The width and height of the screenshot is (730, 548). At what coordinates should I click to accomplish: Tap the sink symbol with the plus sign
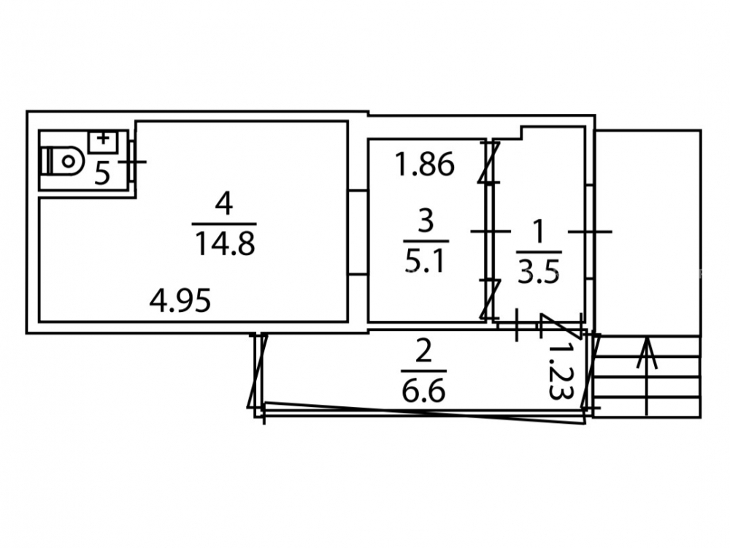pos(103,142)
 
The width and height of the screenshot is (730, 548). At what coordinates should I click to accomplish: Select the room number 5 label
pos(102,175)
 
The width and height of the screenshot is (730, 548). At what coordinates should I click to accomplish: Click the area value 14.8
pos(225,244)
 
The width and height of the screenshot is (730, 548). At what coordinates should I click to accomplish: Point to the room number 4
pos(224,204)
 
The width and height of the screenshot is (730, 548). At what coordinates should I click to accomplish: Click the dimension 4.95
pos(180,300)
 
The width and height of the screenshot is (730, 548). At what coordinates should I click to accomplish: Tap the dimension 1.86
pos(424,164)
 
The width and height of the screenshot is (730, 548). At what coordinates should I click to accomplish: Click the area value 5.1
pos(426,262)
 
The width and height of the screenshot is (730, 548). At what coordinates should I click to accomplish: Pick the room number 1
pos(539,232)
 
